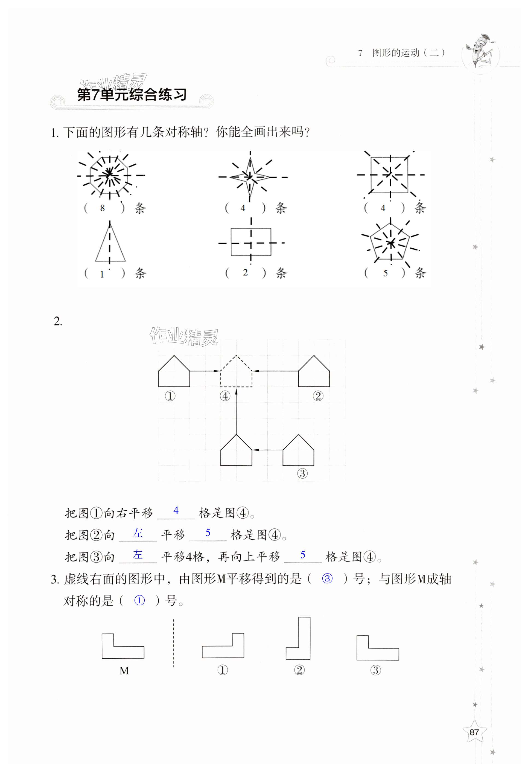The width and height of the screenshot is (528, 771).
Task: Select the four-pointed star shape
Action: (x=250, y=177)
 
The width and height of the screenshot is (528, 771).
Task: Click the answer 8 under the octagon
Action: (x=102, y=208)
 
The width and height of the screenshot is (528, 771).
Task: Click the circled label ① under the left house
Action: (x=170, y=396)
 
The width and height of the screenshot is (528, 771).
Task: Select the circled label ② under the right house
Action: (x=318, y=396)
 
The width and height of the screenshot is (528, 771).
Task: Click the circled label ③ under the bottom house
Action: (x=302, y=473)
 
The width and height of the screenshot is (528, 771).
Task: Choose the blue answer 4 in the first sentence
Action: (x=176, y=511)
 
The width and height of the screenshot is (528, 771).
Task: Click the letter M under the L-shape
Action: (x=124, y=670)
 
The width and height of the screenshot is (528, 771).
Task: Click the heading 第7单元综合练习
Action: (x=132, y=95)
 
